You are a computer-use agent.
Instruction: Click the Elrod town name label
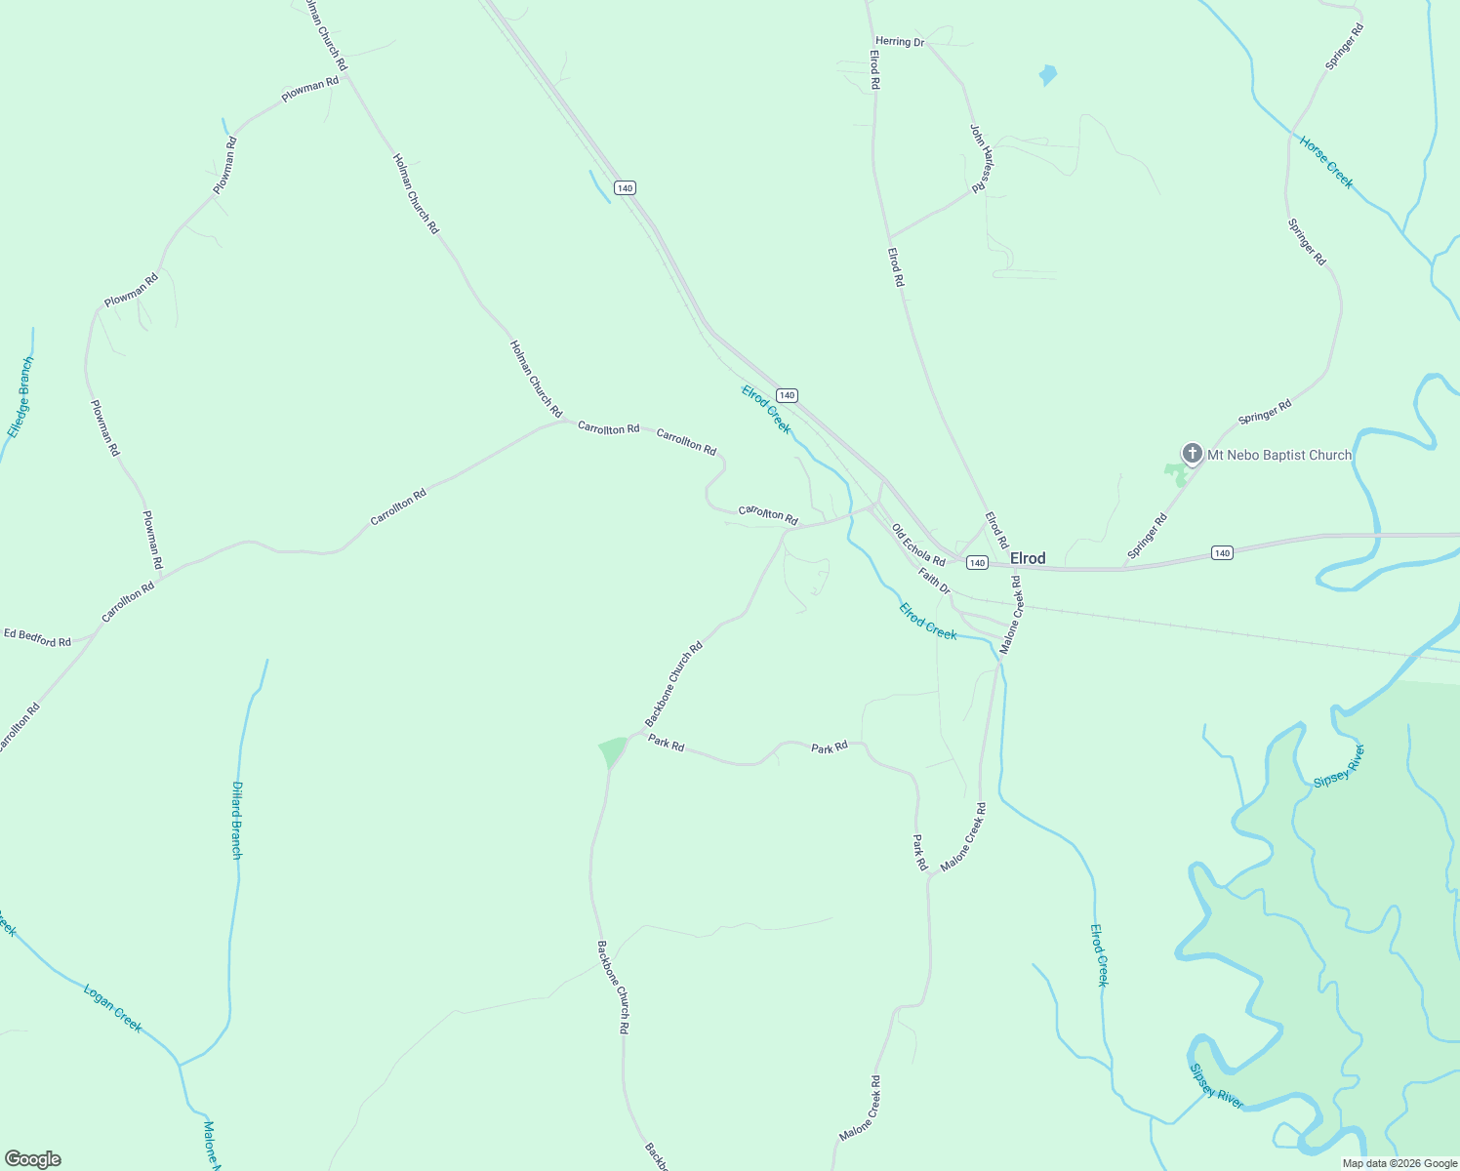1028,558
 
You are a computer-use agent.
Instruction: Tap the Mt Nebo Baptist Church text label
1279,455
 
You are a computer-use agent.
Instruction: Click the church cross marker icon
1192,453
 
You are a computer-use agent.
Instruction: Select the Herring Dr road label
899,42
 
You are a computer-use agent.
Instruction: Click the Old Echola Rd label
918,545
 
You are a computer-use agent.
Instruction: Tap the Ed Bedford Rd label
37,637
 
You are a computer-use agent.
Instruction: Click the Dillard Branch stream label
236,820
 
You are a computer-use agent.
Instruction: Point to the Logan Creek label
113,1008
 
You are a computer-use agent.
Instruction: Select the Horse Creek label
1326,162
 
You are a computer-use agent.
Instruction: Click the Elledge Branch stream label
20,397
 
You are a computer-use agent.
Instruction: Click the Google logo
32,1159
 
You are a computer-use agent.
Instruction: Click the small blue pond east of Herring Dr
1047,74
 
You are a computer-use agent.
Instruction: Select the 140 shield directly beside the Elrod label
977,563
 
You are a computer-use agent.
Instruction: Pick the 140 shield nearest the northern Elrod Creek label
788,395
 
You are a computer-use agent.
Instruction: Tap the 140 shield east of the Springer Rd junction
1222,552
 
